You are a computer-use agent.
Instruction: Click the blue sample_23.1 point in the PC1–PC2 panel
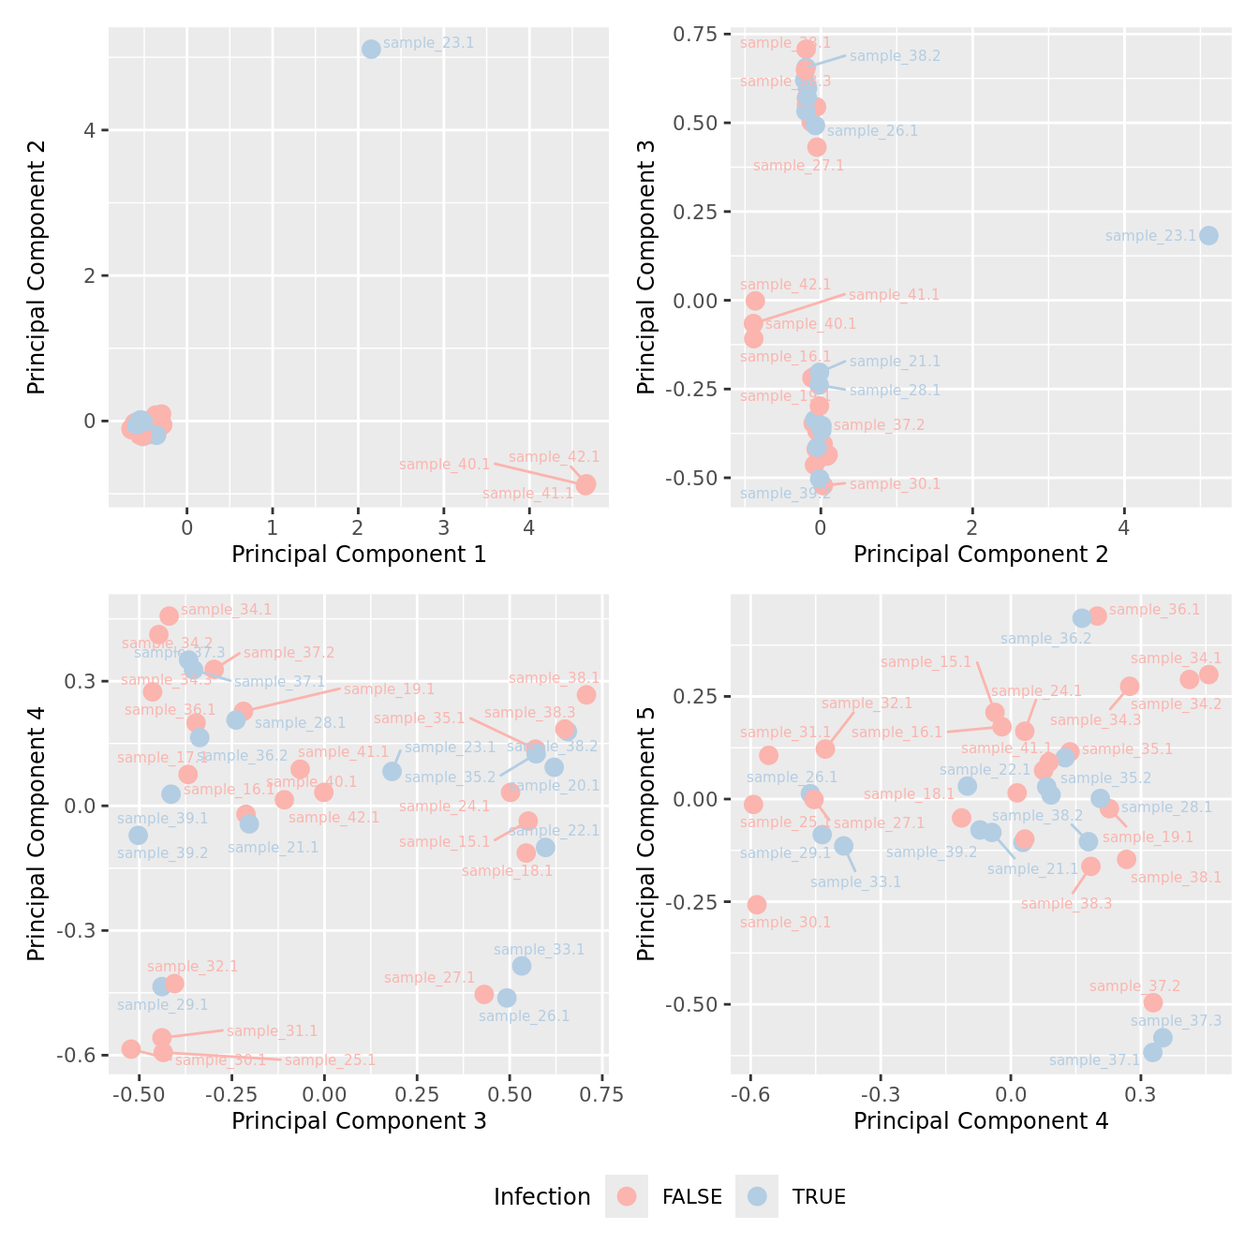[371, 49]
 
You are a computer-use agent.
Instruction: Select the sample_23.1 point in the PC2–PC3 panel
[1208, 235]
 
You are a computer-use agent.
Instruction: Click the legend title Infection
[541, 1196]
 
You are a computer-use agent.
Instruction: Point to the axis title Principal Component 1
[359, 555]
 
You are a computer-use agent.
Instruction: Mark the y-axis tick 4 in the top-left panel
[89, 130]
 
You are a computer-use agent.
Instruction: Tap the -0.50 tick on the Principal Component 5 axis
[689, 1004]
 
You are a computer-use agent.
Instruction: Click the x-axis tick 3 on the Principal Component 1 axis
[444, 527]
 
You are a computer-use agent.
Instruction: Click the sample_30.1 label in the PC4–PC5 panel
[785, 923]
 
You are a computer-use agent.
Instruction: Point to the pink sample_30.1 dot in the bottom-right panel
[756, 904]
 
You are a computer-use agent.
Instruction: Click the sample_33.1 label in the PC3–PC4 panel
[539, 950]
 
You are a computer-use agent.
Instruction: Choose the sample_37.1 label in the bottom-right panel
[1094, 1060]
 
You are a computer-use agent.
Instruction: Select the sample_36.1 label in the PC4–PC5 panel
[1154, 610]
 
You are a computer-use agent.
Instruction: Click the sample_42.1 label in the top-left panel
[554, 457]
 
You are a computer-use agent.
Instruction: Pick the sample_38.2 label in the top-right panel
[895, 56]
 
